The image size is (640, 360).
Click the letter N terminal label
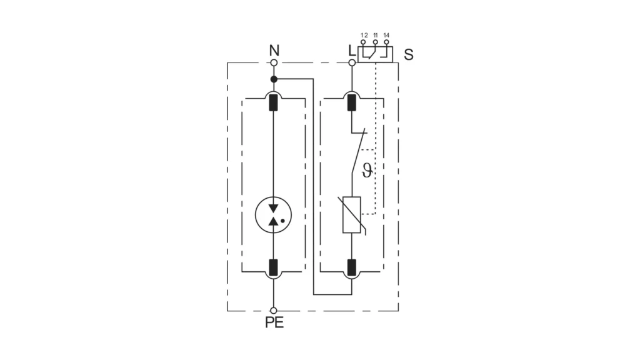point(274,50)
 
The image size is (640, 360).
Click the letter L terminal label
point(351,51)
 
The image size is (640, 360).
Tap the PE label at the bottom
point(274,322)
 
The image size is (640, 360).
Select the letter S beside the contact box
point(409,54)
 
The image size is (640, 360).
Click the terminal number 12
point(364,36)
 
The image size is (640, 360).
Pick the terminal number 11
point(376,36)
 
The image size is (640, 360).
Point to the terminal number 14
point(386,36)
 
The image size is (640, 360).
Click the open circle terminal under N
point(274,62)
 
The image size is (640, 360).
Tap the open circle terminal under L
point(352,62)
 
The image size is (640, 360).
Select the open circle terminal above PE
point(274,311)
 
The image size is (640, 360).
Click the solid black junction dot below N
point(274,79)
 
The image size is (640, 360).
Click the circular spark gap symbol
point(274,215)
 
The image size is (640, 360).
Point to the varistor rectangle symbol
point(351,215)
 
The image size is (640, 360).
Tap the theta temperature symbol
point(367,170)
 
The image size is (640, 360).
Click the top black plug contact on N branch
point(274,102)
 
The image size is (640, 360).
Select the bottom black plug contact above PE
point(274,267)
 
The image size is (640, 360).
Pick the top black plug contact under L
point(351,102)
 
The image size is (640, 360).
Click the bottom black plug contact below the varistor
point(351,267)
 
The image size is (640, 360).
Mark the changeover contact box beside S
point(375,54)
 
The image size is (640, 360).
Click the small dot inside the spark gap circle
point(282,221)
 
